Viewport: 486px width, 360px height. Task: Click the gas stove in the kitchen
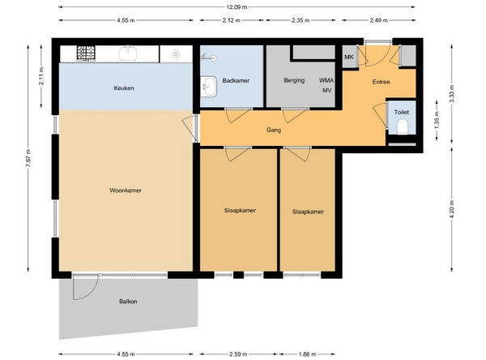pyautogui.click(x=86, y=53)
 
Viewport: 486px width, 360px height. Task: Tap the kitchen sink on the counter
pyautogui.click(x=128, y=53)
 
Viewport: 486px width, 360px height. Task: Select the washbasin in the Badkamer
pyautogui.click(x=209, y=87)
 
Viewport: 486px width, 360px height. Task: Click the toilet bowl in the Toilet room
pyautogui.click(x=403, y=127)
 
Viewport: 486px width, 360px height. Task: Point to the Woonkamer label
pyautogui.click(x=126, y=191)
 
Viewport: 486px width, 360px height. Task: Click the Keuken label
pyautogui.click(x=124, y=88)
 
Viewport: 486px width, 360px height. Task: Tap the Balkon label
pyautogui.click(x=128, y=302)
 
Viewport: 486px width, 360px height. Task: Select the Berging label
pyautogui.click(x=294, y=80)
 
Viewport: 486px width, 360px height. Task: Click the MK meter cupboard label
pyautogui.click(x=349, y=57)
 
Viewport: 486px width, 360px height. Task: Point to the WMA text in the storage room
pyautogui.click(x=326, y=80)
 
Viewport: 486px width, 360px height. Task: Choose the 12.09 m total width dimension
pyautogui.click(x=237, y=6)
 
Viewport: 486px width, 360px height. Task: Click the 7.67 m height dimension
pyautogui.click(x=28, y=158)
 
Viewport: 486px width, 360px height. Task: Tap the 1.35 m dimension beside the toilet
pyautogui.click(x=437, y=120)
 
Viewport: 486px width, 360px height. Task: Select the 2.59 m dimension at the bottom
pyautogui.click(x=238, y=354)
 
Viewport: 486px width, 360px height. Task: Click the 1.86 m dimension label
pyautogui.click(x=307, y=354)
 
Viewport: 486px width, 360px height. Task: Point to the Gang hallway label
pyautogui.click(x=274, y=130)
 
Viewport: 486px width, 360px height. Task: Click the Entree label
pyautogui.click(x=381, y=82)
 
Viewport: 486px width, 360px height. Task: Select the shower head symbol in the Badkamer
pyautogui.click(x=209, y=58)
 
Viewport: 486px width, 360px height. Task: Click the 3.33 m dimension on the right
pyautogui.click(x=452, y=94)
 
